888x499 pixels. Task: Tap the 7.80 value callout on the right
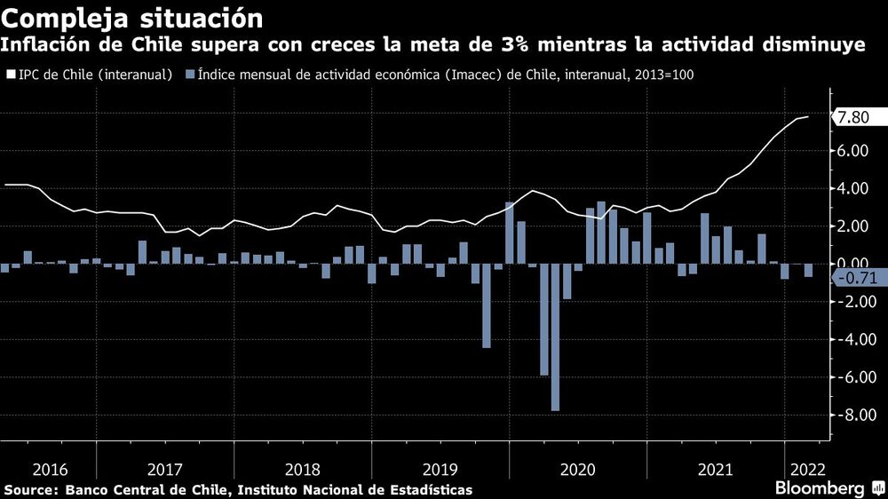pos(852,118)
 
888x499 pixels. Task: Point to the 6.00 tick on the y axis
pos(851,151)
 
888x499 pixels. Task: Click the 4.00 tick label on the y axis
pos(851,188)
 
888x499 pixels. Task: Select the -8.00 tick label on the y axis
pos(851,415)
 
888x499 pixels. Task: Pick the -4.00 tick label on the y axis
pos(851,339)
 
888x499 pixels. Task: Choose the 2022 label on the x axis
pos(805,469)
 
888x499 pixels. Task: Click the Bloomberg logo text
pos(820,489)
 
